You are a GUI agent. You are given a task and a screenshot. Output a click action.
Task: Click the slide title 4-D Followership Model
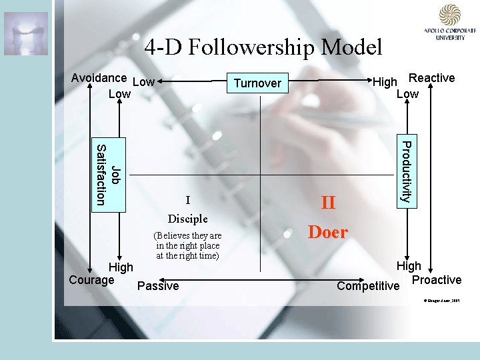pos(263,47)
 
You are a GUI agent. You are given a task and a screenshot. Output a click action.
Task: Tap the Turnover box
pos(257,83)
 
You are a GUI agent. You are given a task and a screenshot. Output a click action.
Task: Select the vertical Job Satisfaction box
pos(108,175)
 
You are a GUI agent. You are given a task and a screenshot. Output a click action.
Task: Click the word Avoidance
pos(99,77)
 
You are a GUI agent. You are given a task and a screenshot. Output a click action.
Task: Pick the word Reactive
pos(431,78)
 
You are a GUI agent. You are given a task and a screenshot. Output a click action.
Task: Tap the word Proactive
pos(437,280)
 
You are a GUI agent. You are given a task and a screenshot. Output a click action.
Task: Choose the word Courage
pos(91,280)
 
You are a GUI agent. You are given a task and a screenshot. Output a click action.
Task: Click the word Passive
pos(157,286)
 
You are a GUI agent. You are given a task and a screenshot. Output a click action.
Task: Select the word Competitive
pos(368,287)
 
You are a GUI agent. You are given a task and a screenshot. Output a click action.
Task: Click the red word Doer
pos(327,232)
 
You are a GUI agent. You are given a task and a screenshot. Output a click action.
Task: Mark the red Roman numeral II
pos(328,202)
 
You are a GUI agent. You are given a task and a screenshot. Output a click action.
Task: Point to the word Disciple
pos(188,219)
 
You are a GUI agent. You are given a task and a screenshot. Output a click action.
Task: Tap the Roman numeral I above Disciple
pos(188,200)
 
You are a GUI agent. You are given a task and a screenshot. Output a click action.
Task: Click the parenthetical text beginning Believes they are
pos(188,245)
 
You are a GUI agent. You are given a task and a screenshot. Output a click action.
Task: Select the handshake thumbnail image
pos(26,33)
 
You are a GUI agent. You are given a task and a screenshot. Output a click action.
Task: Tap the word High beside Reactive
pos(385,82)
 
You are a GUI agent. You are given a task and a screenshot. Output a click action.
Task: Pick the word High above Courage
pos(121,267)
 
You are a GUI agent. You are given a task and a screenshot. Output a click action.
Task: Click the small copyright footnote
pos(441,301)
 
